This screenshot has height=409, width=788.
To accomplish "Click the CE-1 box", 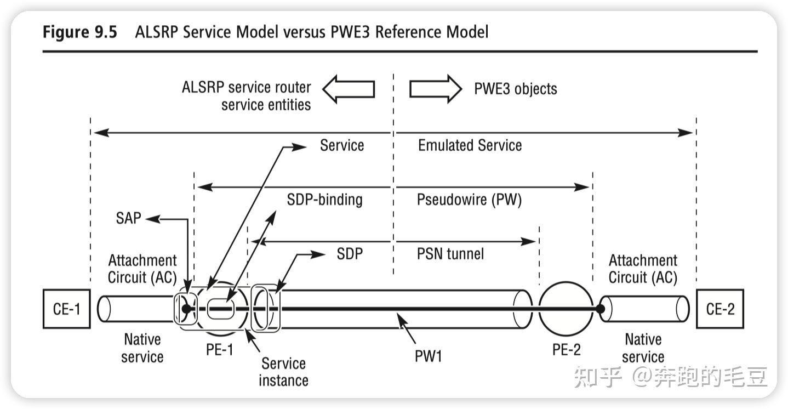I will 66,309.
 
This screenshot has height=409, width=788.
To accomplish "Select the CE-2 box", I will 720,309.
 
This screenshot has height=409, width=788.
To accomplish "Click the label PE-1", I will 220,349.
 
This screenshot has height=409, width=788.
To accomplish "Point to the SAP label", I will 129,218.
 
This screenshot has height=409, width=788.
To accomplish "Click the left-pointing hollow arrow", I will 348,89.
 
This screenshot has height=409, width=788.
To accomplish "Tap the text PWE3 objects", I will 515,89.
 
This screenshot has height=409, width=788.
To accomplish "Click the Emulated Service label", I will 470,145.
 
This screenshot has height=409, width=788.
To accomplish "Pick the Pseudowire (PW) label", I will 469,200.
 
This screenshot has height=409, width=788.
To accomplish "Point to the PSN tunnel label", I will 450,253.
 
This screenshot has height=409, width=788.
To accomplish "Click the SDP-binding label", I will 324,200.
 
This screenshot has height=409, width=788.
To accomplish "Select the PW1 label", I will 428,356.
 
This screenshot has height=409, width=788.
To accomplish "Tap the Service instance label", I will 283,371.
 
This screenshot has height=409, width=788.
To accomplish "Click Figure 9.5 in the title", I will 80,32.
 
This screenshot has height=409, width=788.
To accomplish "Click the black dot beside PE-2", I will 601,309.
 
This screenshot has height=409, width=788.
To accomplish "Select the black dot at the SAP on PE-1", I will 186,309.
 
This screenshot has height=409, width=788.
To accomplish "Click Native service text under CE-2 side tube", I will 643,348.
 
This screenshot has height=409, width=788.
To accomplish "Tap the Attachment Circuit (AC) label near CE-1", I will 142,269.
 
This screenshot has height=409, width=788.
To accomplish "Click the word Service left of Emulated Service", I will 342,145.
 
